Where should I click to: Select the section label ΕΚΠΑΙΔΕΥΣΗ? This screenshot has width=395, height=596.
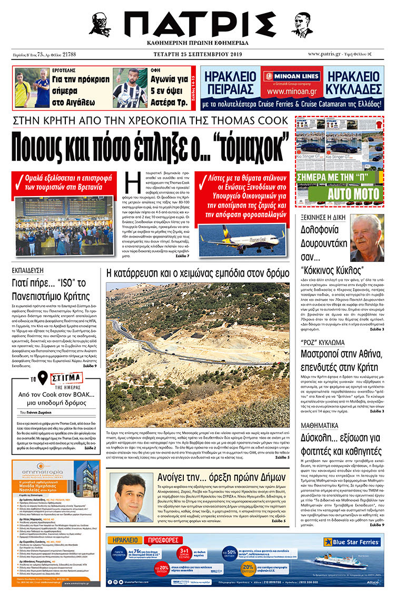(x=31, y=271)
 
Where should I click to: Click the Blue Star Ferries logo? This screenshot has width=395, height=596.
(x=352, y=542)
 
